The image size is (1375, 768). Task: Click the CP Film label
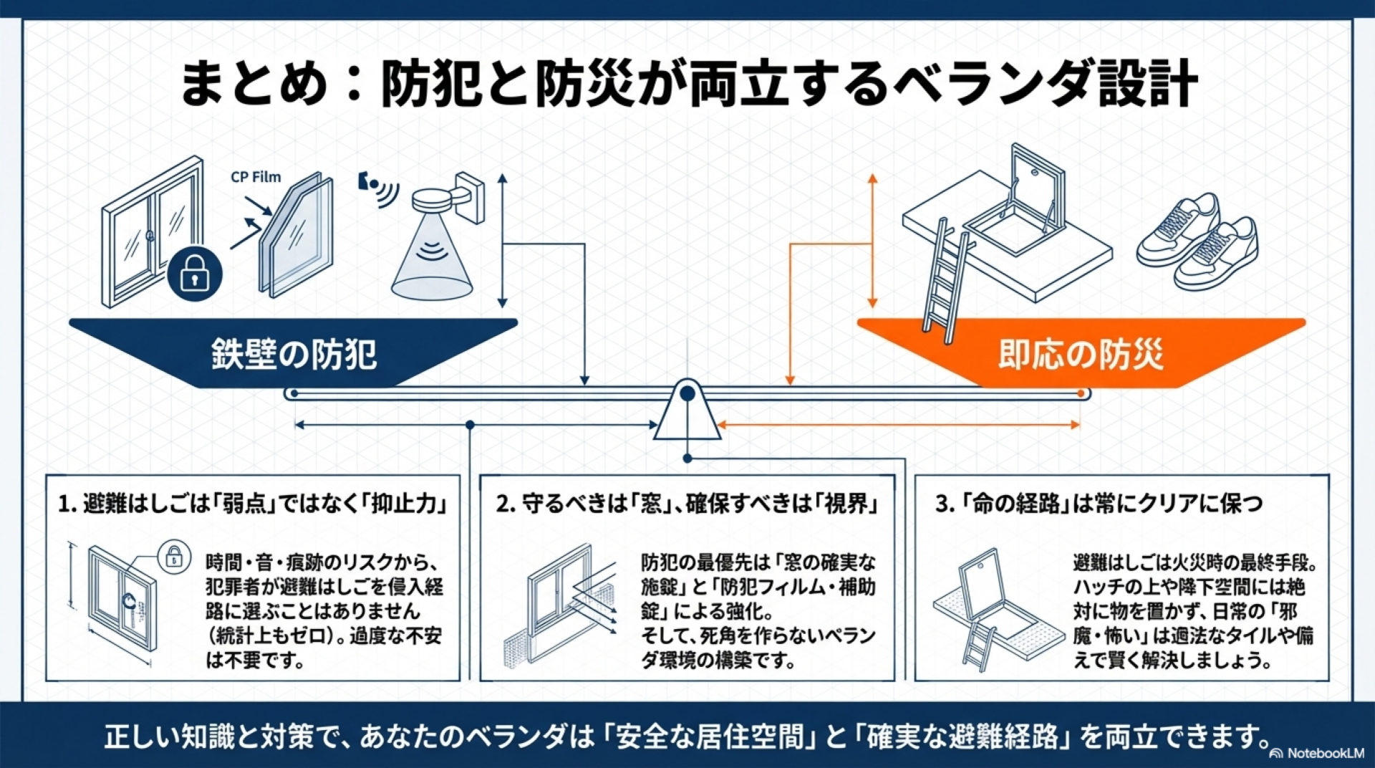click(256, 177)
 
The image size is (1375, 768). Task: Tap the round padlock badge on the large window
click(194, 274)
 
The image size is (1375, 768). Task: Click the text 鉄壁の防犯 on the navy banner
click(294, 354)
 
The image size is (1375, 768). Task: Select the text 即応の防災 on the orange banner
click(1081, 354)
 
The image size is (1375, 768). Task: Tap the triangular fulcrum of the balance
click(687, 413)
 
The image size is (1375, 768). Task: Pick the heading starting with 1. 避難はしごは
click(253, 504)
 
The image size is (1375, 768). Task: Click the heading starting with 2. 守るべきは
click(687, 504)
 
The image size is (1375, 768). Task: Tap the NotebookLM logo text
click(1325, 753)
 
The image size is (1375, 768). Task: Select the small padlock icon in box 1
click(174, 556)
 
